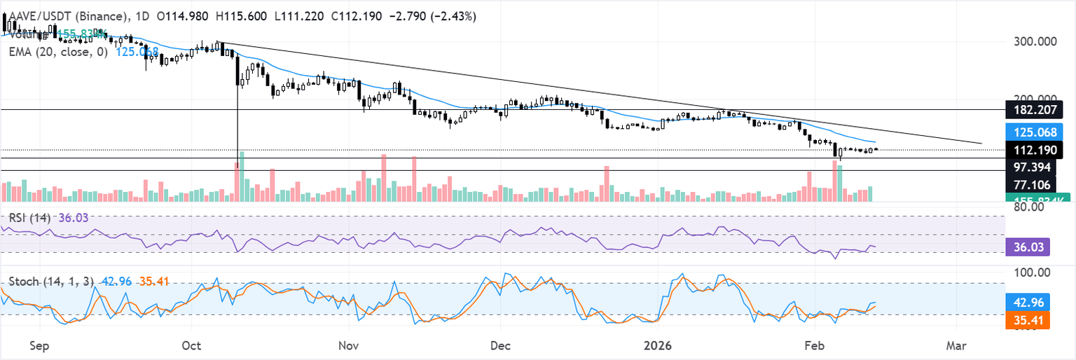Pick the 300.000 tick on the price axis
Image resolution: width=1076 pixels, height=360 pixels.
point(1035,42)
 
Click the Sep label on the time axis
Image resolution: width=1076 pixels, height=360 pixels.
point(40,345)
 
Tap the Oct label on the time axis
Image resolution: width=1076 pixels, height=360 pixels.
point(191,345)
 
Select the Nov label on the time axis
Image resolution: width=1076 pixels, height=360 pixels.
point(348,345)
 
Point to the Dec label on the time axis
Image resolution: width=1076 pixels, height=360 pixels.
point(500,345)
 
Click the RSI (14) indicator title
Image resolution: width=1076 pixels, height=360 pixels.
point(29,218)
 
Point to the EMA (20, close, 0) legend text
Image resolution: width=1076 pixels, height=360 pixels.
point(58,51)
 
